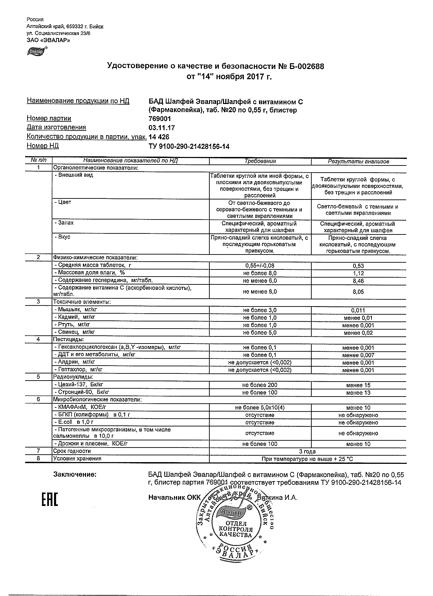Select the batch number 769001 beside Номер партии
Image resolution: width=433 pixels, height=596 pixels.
pyautogui.click(x=160, y=119)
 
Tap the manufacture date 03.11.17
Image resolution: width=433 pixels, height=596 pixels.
pyautogui.click(x=162, y=128)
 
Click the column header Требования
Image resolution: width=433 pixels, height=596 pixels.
pyautogui.click(x=260, y=161)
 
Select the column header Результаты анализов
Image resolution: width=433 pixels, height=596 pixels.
pyautogui.click(x=358, y=162)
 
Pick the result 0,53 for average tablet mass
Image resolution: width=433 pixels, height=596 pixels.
pyautogui.click(x=358, y=266)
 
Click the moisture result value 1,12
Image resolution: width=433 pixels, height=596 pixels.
pyautogui.click(x=358, y=274)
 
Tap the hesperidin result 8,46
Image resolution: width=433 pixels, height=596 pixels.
pyautogui.click(x=358, y=281)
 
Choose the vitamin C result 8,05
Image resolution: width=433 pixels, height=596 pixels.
pyautogui.click(x=358, y=292)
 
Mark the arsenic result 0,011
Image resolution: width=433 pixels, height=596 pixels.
pyautogui.click(x=358, y=310)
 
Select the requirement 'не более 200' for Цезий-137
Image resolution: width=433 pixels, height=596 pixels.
pyautogui.click(x=260, y=385)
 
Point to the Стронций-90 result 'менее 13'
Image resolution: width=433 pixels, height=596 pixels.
pyautogui.click(x=358, y=393)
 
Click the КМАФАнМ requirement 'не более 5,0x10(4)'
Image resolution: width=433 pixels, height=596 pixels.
pyautogui.click(x=260, y=408)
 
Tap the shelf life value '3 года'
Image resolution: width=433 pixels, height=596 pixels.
pyautogui.click(x=307, y=452)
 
